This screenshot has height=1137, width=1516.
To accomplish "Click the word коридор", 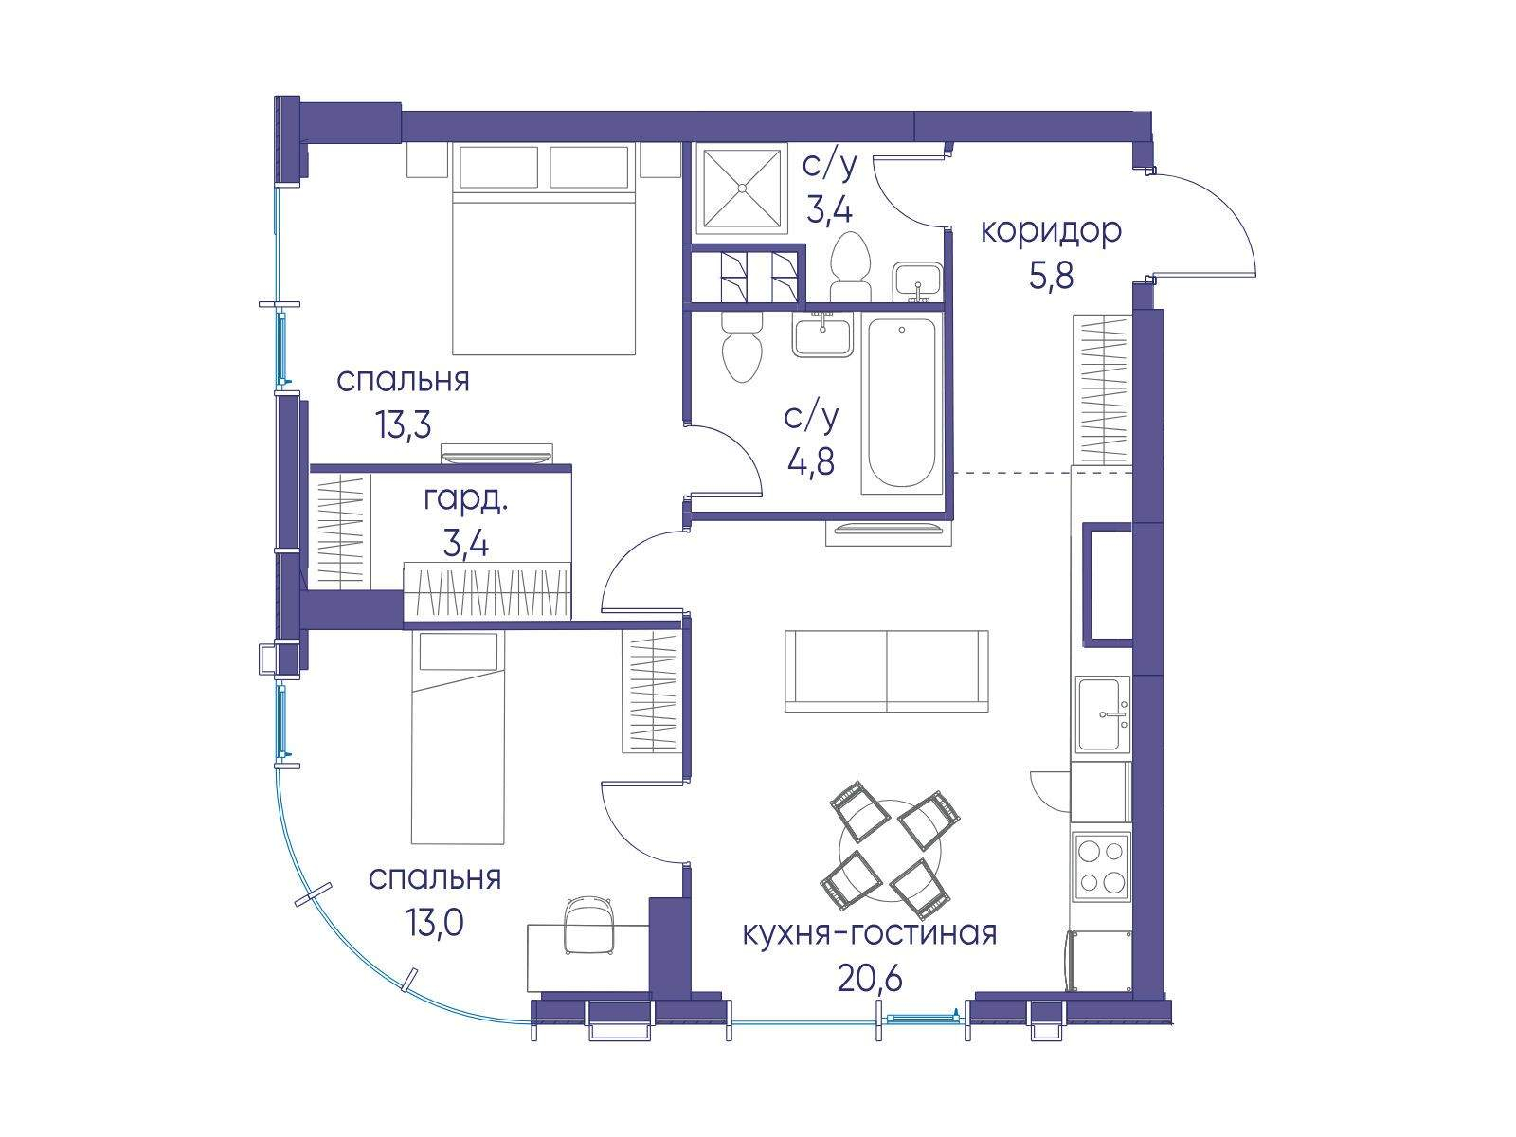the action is pyautogui.click(x=1051, y=233).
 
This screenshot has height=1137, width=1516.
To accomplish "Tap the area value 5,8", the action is pyautogui.click(x=1051, y=278).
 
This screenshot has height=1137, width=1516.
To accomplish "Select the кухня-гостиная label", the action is pyautogui.click(x=870, y=935).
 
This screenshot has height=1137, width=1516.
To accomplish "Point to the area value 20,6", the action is pyautogui.click(x=870, y=979).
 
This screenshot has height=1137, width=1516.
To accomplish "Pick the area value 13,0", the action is pyautogui.click(x=434, y=922).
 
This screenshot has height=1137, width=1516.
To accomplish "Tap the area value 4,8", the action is pyautogui.click(x=811, y=460).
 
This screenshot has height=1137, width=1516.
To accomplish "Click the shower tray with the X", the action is pyautogui.click(x=741, y=186).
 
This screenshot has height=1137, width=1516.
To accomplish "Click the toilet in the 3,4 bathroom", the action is pyautogui.click(x=850, y=267).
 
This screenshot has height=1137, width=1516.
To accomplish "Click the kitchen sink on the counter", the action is pyautogui.click(x=1102, y=713).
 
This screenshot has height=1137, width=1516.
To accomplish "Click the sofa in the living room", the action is pyautogui.click(x=886, y=671).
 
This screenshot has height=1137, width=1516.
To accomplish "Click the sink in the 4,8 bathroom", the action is pyautogui.click(x=822, y=336).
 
